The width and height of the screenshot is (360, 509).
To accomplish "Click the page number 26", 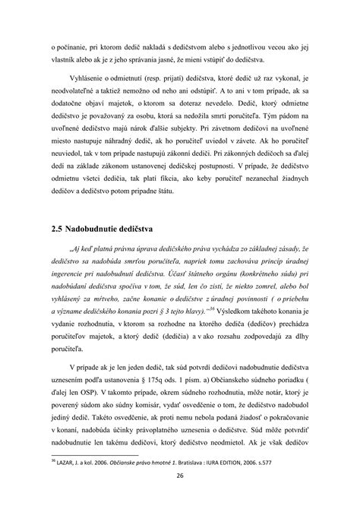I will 181,477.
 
